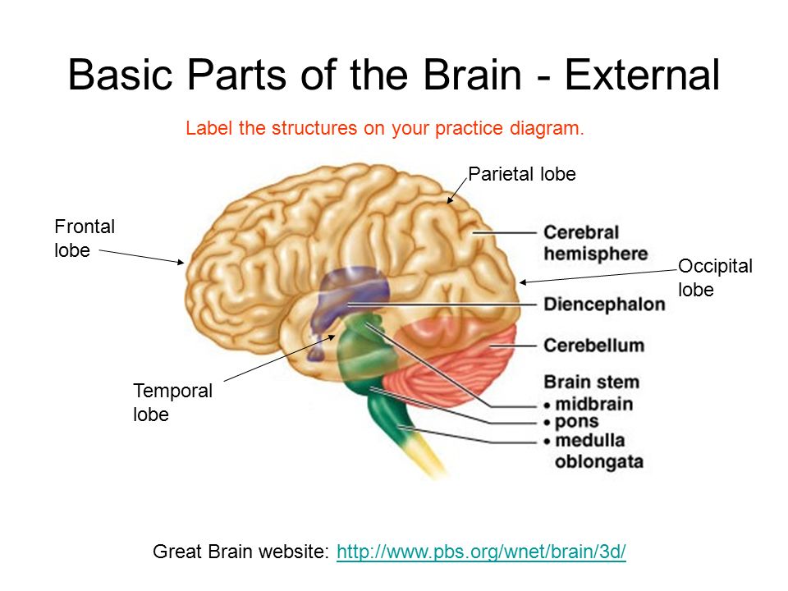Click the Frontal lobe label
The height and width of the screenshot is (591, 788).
(x=85, y=238)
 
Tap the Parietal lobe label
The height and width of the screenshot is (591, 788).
(x=521, y=174)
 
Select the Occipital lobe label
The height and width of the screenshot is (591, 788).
(x=715, y=277)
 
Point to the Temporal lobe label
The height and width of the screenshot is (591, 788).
(x=172, y=402)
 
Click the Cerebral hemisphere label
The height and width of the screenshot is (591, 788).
(x=595, y=243)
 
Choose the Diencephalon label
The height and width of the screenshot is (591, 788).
(x=604, y=305)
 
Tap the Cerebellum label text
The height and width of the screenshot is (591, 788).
(x=593, y=346)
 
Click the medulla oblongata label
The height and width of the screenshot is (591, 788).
(x=598, y=451)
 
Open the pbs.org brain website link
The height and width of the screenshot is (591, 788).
(x=481, y=552)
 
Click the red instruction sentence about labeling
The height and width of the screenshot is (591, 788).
(x=384, y=129)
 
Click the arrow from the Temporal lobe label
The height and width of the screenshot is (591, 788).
(x=279, y=358)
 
